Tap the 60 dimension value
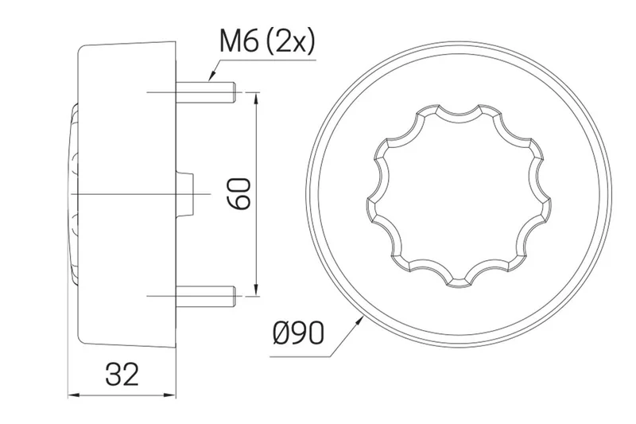coord(239,193)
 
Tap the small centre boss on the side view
coord(190,193)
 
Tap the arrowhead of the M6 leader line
coord(211,79)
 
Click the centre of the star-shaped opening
coord(458,193)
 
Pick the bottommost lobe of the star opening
coord(459,278)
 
